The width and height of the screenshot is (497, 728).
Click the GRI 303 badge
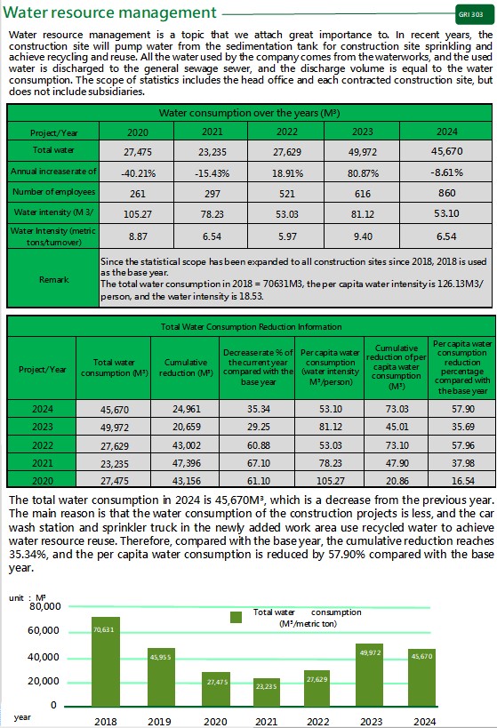tap(474, 14)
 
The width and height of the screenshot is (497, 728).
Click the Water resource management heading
tap(109, 12)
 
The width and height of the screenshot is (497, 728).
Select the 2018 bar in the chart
tap(106, 661)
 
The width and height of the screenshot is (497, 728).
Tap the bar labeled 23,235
tap(266, 692)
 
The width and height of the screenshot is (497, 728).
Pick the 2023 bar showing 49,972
tap(370, 675)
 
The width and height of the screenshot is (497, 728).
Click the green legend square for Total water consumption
tap(236, 617)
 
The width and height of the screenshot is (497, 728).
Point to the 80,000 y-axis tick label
tap(45, 606)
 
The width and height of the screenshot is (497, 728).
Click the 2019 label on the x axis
tap(159, 722)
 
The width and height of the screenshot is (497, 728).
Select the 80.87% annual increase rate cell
tap(363, 173)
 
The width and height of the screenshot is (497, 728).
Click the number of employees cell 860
tap(447, 193)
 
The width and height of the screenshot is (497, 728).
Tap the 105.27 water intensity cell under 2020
tap(138, 214)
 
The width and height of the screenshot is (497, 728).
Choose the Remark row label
tap(53, 279)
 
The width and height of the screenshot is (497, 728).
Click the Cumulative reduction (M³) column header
tap(185, 367)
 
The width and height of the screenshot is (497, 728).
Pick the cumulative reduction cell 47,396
tap(186, 463)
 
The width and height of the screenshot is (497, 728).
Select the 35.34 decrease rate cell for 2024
tap(258, 409)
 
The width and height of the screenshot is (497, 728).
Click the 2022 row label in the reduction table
tap(43, 445)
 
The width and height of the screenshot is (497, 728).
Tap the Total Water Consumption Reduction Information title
tap(251, 326)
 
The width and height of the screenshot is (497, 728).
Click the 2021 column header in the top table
tap(212, 132)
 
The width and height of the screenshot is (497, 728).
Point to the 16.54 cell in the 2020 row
tap(463, 481)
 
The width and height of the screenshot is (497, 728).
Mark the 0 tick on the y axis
tap(53, 705)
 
